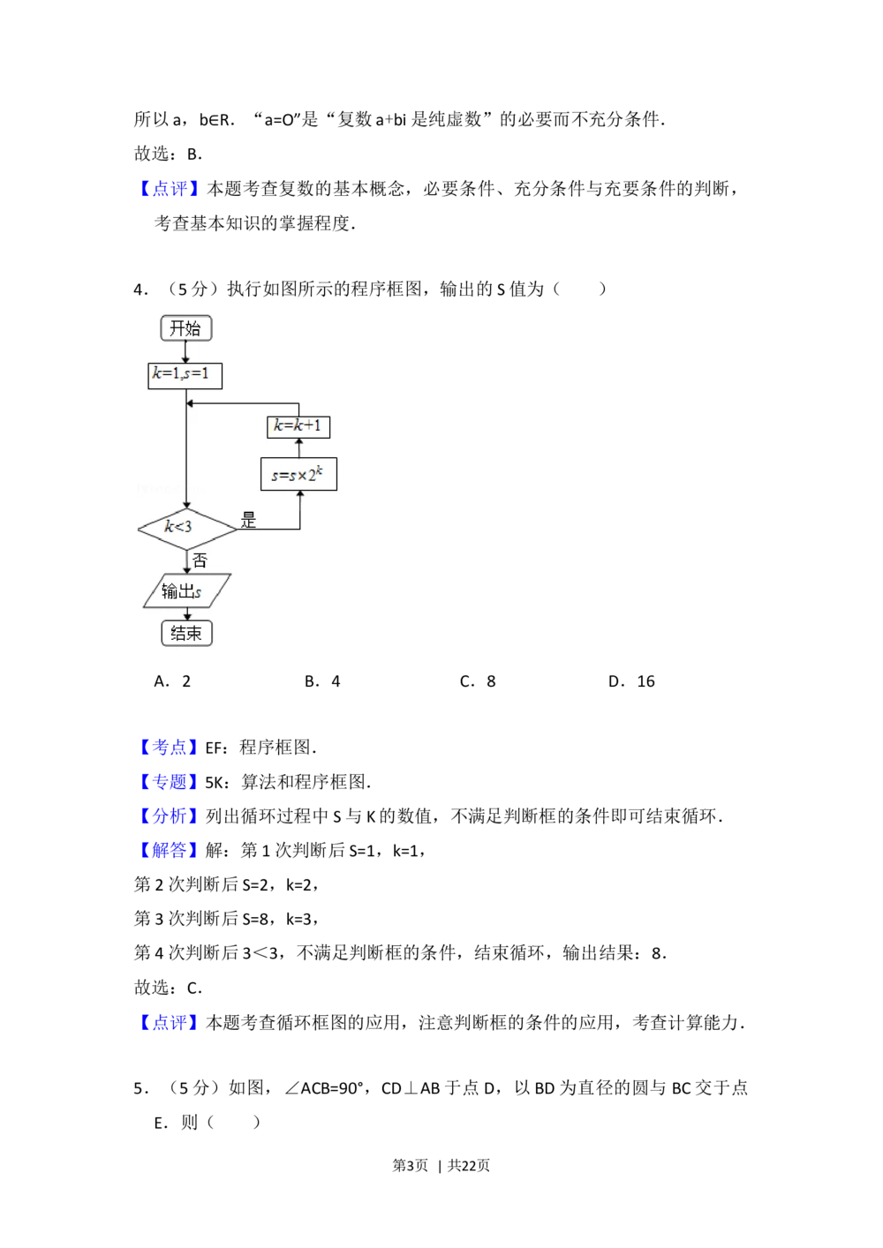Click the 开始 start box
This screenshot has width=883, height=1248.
[185, 328]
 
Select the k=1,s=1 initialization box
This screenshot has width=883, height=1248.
[185, 375]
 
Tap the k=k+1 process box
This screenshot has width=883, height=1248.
[298, 426]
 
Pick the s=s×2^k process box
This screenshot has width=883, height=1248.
[298, 475]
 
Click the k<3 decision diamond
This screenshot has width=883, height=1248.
[186, 528]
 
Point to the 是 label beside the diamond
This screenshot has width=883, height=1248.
[248, 520]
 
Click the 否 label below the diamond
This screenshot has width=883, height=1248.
[200, 560]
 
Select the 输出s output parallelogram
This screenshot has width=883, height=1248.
[186, 590]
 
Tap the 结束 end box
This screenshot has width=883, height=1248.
[186, 633]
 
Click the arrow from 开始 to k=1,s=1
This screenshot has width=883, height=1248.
[185, 351]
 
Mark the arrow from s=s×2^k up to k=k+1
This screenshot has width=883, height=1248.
[298, 447]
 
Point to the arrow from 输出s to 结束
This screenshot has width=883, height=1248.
[186, 613]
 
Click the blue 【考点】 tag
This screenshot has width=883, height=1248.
[169, 747]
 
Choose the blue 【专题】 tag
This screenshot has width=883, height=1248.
[169, 781]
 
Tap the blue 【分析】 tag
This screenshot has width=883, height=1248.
[169, 816]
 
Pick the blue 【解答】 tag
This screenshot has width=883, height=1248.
[169, 850]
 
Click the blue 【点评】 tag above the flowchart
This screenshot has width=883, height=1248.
[170, 188]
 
